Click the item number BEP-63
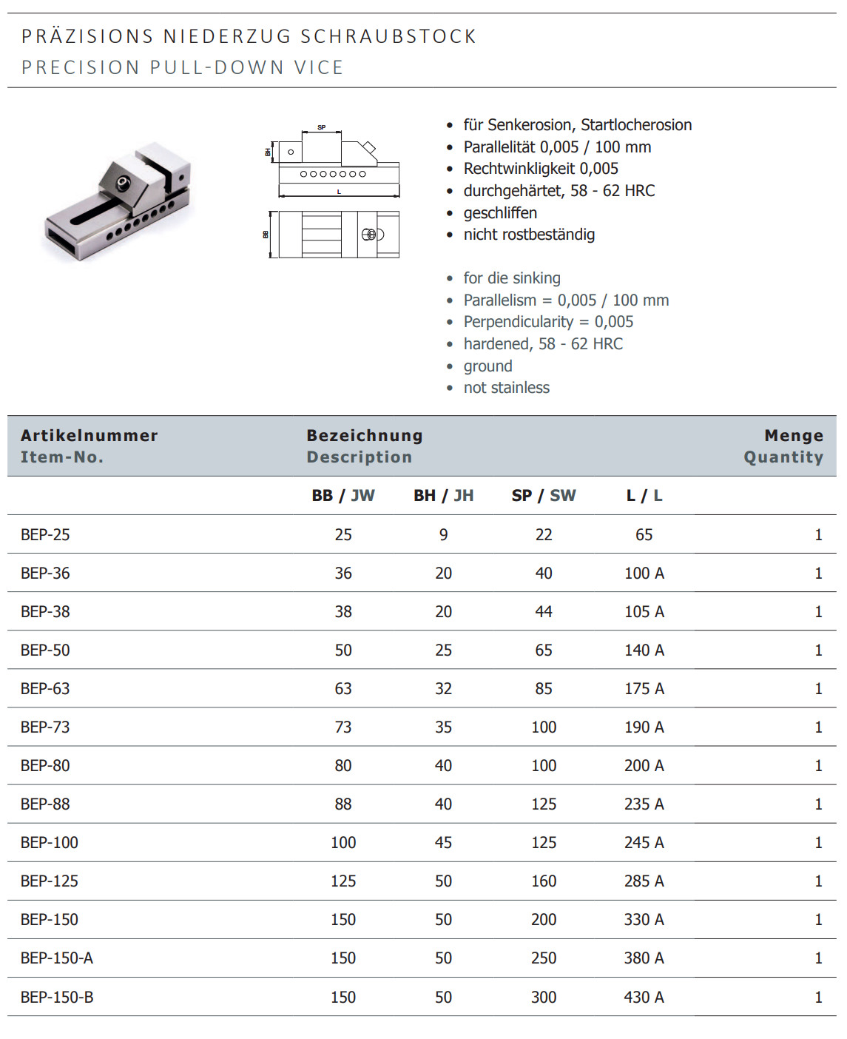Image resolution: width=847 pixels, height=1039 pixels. [45, 689]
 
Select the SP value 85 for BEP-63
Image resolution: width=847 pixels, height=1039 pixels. [544, 689]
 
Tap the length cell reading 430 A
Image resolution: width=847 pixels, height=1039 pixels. [644, 998]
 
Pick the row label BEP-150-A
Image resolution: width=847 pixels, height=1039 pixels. [57, 958]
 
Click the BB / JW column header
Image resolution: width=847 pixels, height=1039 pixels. [343, 496]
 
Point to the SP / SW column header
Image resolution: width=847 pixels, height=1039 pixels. [544, 496]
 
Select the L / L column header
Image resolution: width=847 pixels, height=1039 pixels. [644, 496]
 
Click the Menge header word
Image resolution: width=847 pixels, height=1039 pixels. [794, 436]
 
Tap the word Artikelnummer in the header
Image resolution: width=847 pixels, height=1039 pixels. [90, 436]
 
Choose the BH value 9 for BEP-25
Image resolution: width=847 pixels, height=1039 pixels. [444, 535]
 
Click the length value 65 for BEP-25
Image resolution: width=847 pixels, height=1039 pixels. [644, 535]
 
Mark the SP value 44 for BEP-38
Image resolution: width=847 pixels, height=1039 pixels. [544, 612]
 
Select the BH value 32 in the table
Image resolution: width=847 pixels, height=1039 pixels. [444, 689]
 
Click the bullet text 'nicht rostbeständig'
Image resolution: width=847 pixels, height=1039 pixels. [529, 235]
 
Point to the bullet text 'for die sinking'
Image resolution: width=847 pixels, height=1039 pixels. [512, 278]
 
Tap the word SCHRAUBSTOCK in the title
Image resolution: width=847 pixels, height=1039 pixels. [388, 36]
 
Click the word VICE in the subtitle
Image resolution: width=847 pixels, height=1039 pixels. [319, 67]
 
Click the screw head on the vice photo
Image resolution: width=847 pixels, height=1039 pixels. [121, 181]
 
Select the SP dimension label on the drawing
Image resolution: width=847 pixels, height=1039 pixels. [322, 127]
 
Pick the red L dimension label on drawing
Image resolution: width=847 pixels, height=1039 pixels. [339, 192]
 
